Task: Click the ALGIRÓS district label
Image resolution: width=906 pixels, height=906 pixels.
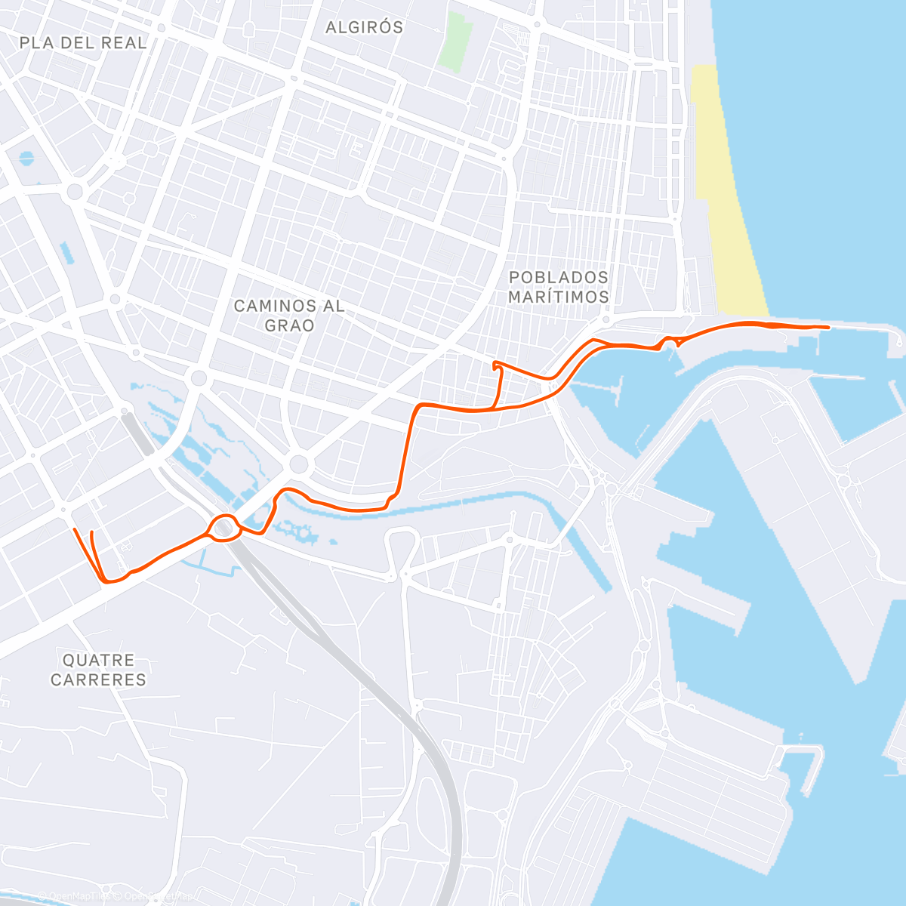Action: (364, 27)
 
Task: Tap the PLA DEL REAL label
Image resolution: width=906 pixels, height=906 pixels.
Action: (83, 43)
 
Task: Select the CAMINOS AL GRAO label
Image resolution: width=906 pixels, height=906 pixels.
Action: (289, 316)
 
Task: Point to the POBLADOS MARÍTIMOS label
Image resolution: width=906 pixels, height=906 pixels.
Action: (559, 287)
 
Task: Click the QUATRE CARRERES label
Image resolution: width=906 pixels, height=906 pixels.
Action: (98, 670)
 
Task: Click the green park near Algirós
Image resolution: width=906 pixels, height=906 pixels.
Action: (458, 42)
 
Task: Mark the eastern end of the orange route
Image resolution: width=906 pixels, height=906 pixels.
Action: (828, 327)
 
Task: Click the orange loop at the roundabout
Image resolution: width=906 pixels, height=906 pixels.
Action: (224, 527)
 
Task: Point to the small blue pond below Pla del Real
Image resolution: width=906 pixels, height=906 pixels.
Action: (26, 159)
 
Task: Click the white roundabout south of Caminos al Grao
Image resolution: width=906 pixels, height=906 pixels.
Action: (299, 464)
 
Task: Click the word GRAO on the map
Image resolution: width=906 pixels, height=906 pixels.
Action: (290, 325)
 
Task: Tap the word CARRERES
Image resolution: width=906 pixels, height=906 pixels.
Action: (98, 679)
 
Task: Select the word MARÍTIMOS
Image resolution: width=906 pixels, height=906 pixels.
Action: (559, 297)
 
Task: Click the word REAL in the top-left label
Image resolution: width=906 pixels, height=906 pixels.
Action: (124, 43)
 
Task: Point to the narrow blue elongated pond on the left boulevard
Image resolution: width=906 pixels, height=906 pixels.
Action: (67, 253)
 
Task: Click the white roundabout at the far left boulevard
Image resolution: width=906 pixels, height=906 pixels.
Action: (75, 191)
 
